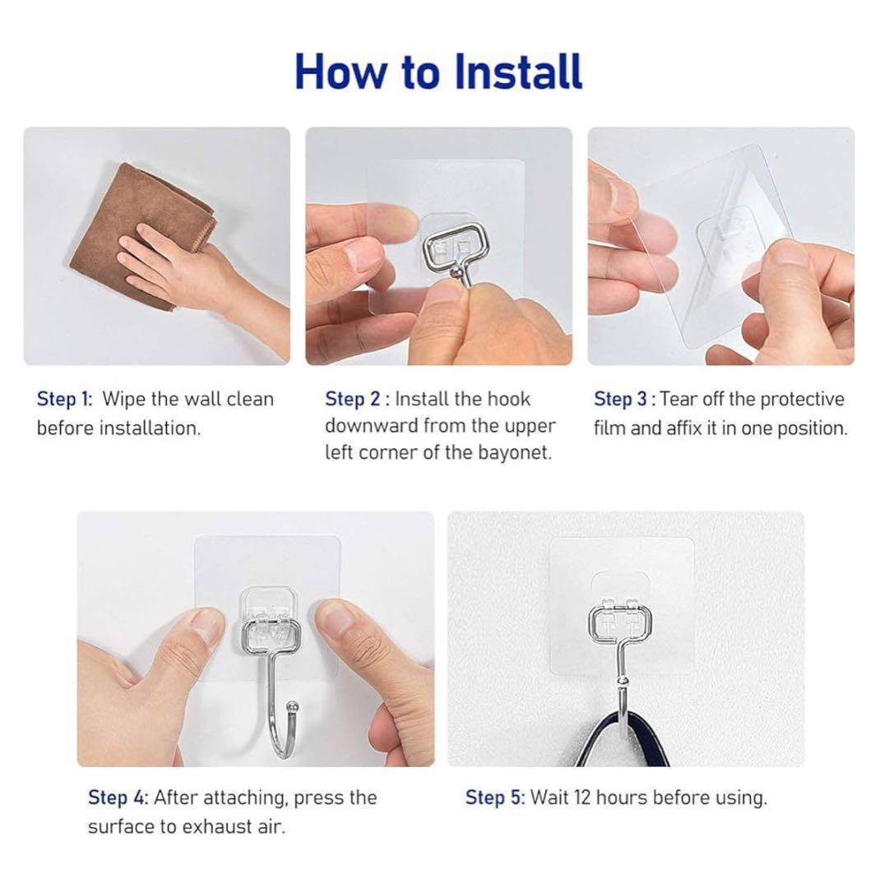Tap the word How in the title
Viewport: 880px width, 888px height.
tap(339, 72)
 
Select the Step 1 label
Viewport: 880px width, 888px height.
tap(65, 400)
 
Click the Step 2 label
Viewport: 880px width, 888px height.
tap(357, 400)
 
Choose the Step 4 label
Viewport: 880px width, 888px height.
tap(118, 798)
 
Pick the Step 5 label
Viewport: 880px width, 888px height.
tap(495, 798)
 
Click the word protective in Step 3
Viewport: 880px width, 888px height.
tap(802, 400)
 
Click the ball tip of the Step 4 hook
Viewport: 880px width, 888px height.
tap(293, 706)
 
